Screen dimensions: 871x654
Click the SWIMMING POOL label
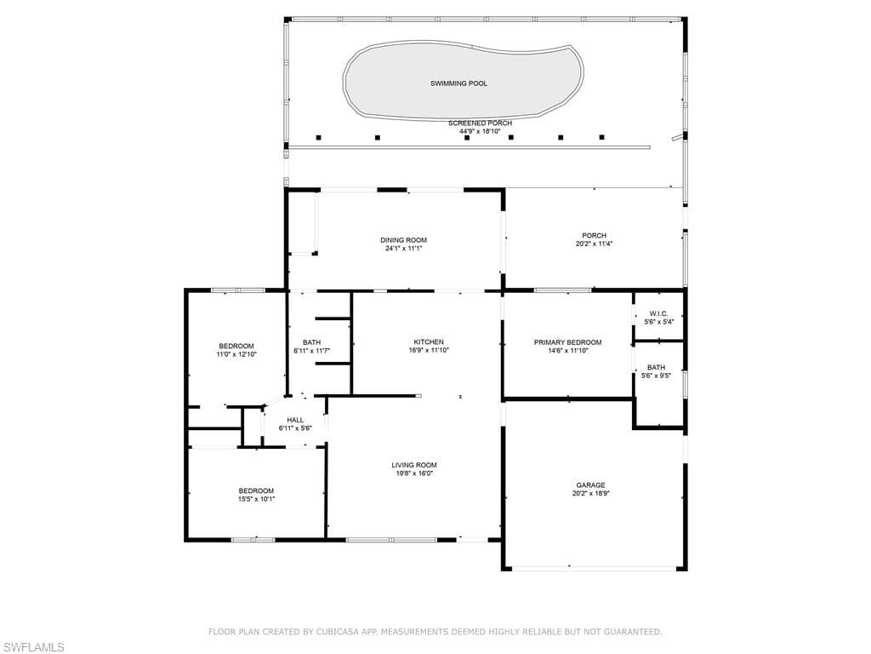click(x=458, y=83)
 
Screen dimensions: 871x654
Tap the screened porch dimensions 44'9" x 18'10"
click(x=480, y=131)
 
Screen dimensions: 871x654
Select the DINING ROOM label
click(x=404, y=240)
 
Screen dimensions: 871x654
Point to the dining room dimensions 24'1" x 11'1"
click(x=404, y=249)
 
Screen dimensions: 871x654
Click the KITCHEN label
click(x=429, y=342)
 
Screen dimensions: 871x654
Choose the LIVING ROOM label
click(x=414, y=465)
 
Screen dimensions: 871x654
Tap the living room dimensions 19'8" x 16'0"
click(x=414, y=473)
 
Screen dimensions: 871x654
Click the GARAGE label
click(x=590, y=485)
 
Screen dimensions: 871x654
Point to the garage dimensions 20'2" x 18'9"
click(x=591, y=493)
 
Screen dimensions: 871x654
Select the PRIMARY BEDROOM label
click(x=567, y=342)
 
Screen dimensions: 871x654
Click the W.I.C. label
click(x=659, y=313)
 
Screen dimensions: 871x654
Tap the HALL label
click(x=295, y=420)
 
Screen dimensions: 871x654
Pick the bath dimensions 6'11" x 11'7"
click(x=312, y=351)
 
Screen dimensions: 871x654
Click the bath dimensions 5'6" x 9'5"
click(x=657, y=376)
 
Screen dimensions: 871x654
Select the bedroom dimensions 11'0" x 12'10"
click(x=236, y=354)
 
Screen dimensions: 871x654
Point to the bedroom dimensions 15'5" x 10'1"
click(x=257, y=499)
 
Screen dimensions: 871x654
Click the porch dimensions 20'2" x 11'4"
click(x=595, y=244)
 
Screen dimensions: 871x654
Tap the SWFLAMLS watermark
click(x=32, y=647)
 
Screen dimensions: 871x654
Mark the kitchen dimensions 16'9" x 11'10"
click(x=429, y=350)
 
